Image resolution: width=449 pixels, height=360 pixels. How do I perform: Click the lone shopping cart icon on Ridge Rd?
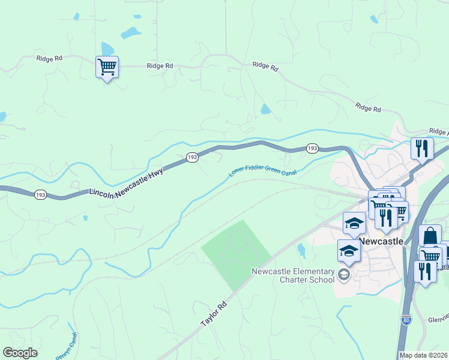107,67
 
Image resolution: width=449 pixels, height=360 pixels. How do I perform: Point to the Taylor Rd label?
214,313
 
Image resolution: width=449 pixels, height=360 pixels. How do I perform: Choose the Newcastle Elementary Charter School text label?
293,275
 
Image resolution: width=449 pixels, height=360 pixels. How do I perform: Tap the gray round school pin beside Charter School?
344,275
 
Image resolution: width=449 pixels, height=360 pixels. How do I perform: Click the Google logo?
20,353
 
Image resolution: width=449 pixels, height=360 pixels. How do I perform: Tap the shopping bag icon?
430,236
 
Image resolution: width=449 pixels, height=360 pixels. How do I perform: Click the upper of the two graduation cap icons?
354,223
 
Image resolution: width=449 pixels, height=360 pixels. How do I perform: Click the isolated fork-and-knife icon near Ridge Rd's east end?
422,148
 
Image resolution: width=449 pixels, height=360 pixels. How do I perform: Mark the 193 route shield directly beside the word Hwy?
191,157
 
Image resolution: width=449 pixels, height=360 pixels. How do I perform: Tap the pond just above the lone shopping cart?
107,49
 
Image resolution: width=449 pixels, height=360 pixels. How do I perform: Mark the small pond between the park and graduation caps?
301,250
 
